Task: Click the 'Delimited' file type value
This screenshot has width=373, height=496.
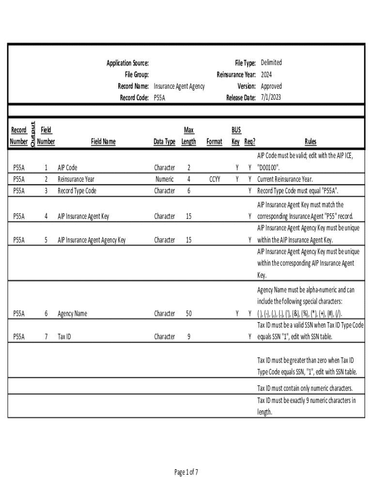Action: coord(271,62)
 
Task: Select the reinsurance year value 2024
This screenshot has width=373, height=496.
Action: coord(266,75)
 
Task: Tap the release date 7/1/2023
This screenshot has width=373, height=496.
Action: coord(270,97)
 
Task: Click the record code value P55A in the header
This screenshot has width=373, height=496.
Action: coord(159,97)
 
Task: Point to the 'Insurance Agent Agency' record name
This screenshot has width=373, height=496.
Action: coord(179,86)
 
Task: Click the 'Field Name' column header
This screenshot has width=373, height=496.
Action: coord(103,142)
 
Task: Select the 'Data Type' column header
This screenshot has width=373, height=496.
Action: coord(164,142)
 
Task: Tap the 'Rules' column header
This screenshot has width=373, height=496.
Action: coord(311,142)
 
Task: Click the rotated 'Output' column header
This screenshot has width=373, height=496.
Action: coord(32,135)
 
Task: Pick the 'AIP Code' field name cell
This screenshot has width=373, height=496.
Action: coord(67,168)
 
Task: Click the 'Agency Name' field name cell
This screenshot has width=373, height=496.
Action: coord(72,313)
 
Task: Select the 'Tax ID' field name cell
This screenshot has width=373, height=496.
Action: coord(64,336)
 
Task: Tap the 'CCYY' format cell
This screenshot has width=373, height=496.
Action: coord(215,179)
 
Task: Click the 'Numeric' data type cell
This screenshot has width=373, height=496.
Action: coord(164,179)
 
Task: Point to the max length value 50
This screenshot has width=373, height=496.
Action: coord(188,313)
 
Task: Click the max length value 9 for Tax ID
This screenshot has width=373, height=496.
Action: coord(188,336)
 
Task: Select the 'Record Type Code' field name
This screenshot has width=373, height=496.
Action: coord(77,191)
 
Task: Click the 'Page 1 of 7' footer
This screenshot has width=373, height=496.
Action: coord(186,472)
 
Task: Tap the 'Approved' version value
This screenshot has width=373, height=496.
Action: coord(271,86)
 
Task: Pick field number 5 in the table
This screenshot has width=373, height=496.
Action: coord(46,240)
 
